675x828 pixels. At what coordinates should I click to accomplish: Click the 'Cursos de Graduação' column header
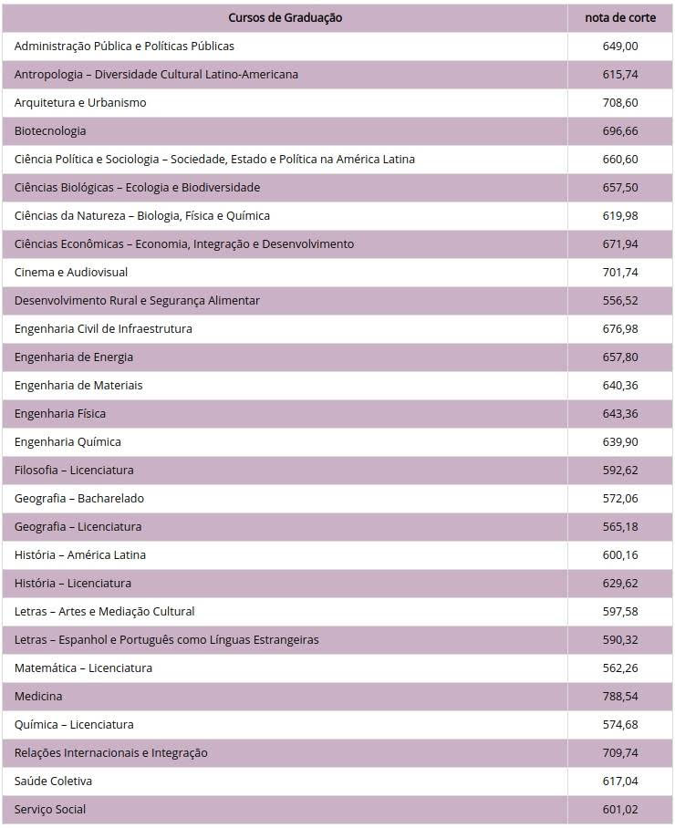pyautogui.click(x=285, y=17)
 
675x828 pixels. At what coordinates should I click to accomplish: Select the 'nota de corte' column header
pyautogui.click(x=620, y=17)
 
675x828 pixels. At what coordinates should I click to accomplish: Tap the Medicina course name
pyautogui.click(x=38, y=696)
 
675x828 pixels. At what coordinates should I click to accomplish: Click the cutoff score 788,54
pyautogui.click(x=620, y=696)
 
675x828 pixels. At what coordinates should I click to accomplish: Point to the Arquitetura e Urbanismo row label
pyautogui.click(x=80, y=102)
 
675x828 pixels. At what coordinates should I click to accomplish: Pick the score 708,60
pyautogui.click(x=620, y=102)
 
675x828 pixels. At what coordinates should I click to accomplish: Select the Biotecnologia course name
pyautogui.click(x=50, y=130)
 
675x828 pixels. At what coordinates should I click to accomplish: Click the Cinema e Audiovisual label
pyautogui.click(x=71, y=272)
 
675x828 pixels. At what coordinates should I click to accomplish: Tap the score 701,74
pyautogui.click(x=620, y=272)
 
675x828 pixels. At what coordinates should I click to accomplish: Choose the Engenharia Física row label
pyautogui.click(x=60, y=413)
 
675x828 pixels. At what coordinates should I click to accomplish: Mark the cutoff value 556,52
pyautogui.click(x=620, y=300)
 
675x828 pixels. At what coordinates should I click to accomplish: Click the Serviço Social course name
pyautogui.click(x=50, y=809)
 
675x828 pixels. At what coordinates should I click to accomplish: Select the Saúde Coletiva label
pyautogui.click(x=53, y=781)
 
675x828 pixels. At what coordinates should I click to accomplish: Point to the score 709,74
pyautogui.click(x=620, y=752)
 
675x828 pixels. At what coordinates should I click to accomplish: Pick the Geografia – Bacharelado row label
pyautogui.click(x=79, y=498)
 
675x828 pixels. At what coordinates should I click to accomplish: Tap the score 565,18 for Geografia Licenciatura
pyautogui.click(x=620, y=526)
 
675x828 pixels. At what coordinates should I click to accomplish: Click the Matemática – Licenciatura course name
pyautogui.click(x=83, y=668)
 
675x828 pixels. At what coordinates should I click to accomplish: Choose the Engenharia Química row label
pyautogui.click(x=67, y=441)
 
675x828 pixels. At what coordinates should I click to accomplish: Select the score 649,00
pyautogui.click(x=620, y=46)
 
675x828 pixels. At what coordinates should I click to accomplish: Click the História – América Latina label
pyautogui.click(x=80, y=554)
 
